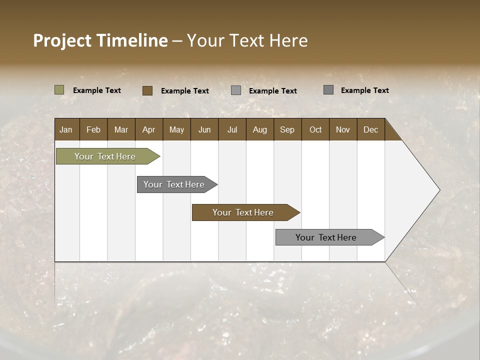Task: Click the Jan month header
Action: coord(66,130)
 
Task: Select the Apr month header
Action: coord(148,130)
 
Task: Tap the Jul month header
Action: coord(232,130)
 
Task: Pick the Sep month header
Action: coord(287,130)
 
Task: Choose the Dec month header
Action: coord(370,130)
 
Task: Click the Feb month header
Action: coord(93,130)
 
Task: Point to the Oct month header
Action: coord(315,130)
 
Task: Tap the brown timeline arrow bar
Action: coord(243,212)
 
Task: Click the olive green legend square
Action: coord(59,90)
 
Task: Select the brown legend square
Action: coord(147,90)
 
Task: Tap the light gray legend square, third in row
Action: coord(236,90)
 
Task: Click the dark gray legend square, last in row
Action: coord(328,90)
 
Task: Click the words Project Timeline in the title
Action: coord(100,40)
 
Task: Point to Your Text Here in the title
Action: coord(247,40)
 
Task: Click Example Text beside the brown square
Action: coord(185,91)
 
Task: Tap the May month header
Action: coord(176,130)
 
